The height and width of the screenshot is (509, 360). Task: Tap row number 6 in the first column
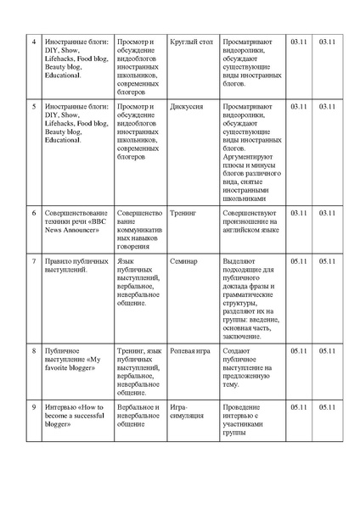pos(33,214)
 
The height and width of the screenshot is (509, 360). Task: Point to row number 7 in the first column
pos(33,261)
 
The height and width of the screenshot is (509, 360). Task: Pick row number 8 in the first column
pos(33,350)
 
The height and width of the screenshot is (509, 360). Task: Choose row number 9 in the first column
pos(33,407)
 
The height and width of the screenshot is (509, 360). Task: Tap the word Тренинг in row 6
pos(183,214)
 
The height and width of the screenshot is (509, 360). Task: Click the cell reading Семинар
pos(183,261)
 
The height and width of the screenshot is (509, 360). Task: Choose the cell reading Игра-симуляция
pos(187,412)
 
